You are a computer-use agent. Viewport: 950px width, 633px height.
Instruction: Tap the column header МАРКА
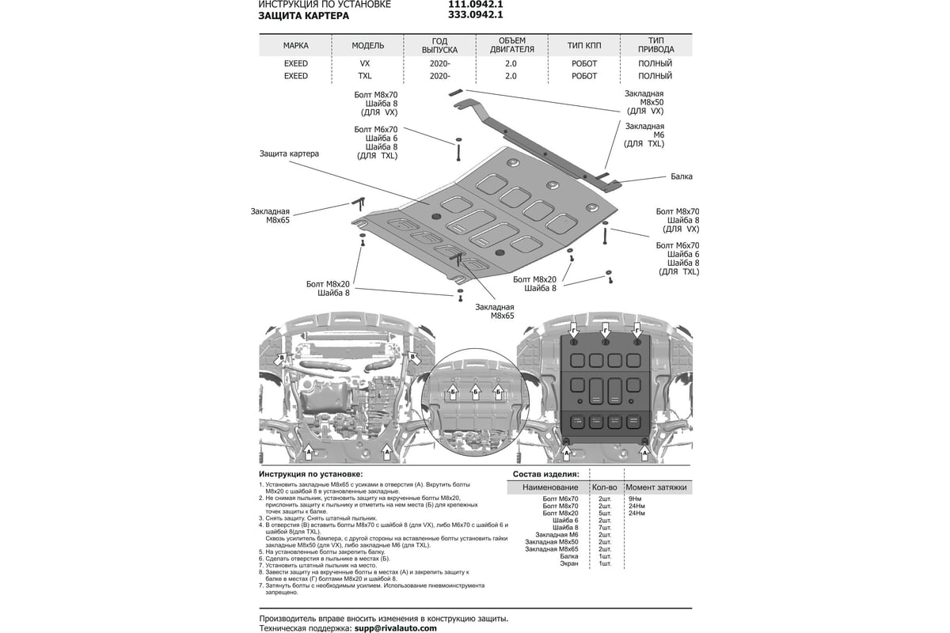tap(295, 46)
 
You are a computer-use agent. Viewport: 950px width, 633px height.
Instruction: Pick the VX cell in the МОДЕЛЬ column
tap(365, 63)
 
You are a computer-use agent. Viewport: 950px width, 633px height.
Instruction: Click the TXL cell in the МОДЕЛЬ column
tap(365, 76)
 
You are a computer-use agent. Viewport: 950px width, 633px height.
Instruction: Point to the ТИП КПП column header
tap(584, 46)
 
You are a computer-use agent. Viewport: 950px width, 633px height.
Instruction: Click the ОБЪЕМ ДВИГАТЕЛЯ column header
tap(511, 44)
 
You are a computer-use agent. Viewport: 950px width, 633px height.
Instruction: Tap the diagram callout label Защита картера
tap(289, 154)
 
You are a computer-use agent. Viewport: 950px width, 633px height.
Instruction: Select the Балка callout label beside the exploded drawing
tap(681, 177)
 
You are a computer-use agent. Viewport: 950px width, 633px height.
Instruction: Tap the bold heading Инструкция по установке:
tap(305, 473)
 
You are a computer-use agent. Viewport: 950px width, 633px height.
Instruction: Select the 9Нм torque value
tap(634, 499)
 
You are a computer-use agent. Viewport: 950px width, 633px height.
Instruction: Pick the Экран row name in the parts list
tap(569, 563)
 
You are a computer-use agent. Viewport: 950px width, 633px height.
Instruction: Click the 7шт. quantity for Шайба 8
tap(604, 528)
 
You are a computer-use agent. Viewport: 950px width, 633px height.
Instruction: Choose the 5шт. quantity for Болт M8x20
tap(604, 514)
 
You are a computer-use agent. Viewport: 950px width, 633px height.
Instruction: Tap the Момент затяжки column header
tap(655, 487)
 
